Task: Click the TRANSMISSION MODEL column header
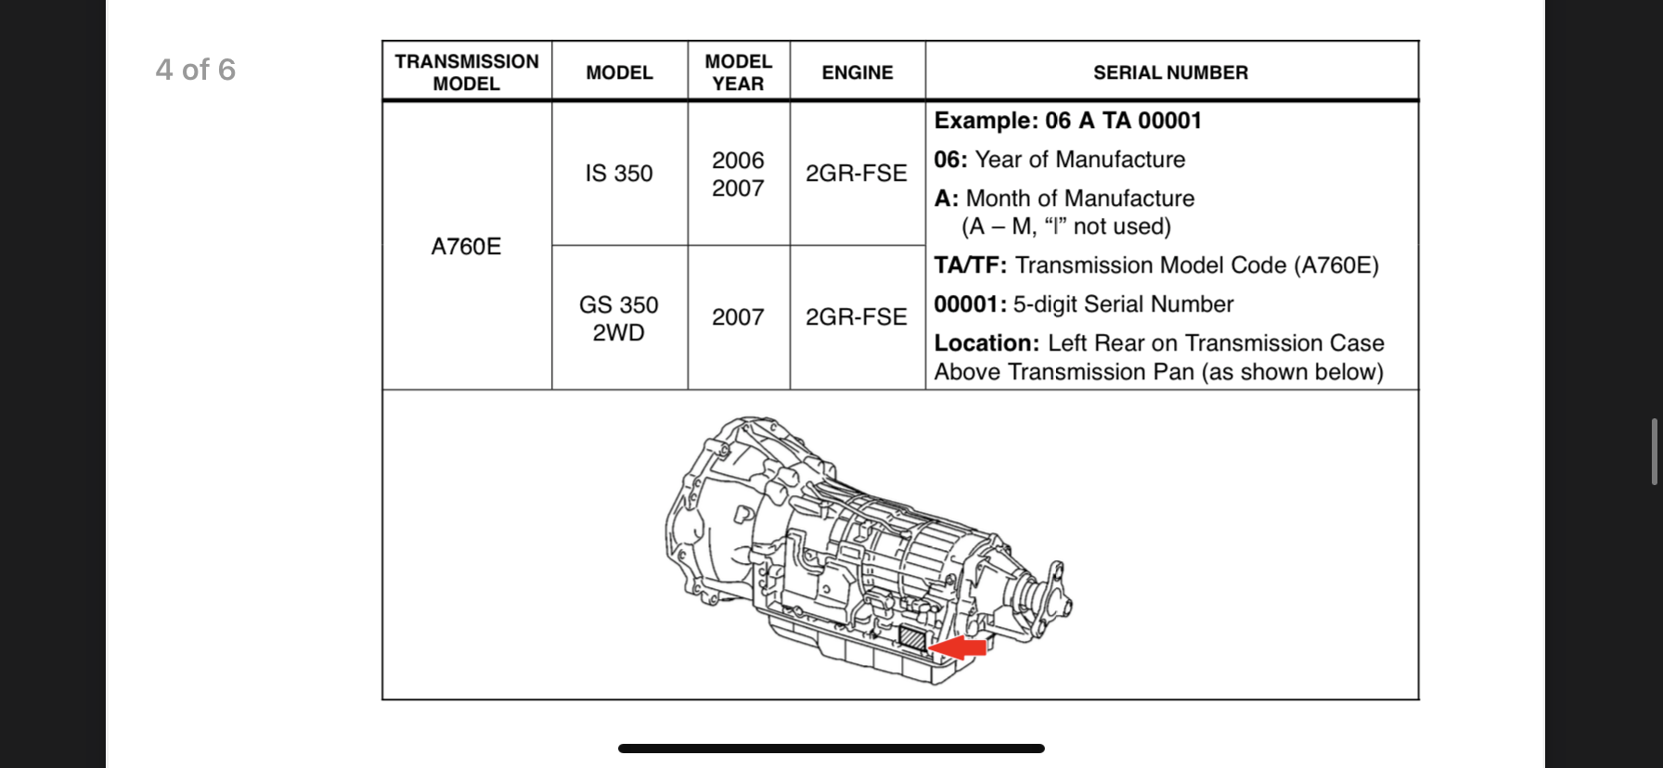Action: (x=467, y=72)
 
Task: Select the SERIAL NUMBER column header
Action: (x=1170, y=72)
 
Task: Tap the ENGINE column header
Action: (x=857, y=72)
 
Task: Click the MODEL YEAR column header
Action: (x=738, y=72)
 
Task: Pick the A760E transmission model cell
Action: (x=466, y=247)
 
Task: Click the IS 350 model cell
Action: (x=619, y=173)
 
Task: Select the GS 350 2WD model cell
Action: (x=619, y=318)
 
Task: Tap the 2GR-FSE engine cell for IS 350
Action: (x=856, y=173)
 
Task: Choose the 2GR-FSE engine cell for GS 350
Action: (x=856, y=317)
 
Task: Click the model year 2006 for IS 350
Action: (x=738, y=160)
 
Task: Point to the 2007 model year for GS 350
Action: (x=738, y=317)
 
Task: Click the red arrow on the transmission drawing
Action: (x=960, y=647)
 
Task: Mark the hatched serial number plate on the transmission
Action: (x=913, y=638)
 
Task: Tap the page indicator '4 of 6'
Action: (x=196, y=70)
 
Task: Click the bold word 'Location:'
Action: (x=986, y=343)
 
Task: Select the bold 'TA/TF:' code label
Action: (x=970, y=265)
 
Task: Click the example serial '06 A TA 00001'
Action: (x=1123, y=121)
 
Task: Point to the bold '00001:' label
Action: (x=970, y=304)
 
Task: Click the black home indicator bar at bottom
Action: (x=831, y=749)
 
